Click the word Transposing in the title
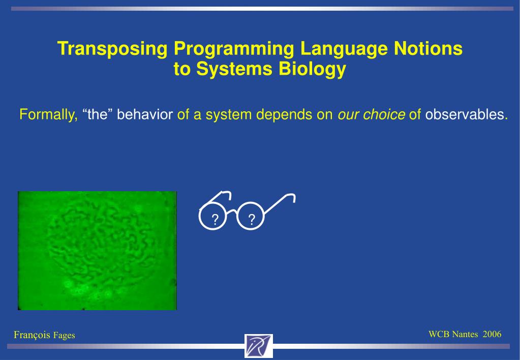pos(112,48)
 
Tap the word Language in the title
pos(344,48)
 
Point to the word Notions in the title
pos(428,48)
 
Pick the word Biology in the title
pos(312,69)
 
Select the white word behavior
pos(145,114)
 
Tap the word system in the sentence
pos(229,115)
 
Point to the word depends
pos(284,115)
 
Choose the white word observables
pos(465,114)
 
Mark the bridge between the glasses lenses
pos(232,211)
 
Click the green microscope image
pos(97,251)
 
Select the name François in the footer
pos(32,335)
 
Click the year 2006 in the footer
pos(492,334)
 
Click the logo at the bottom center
pos(259,346)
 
